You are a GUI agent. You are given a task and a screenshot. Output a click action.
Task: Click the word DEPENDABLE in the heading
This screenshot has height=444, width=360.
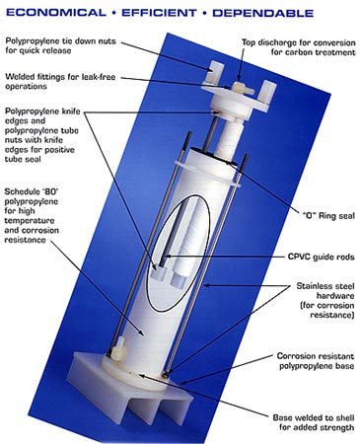tap(292, 14)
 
